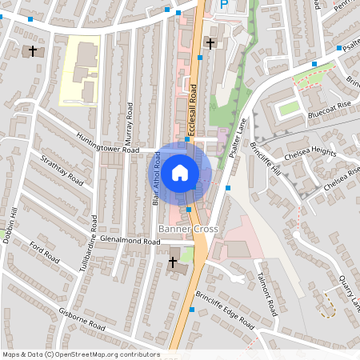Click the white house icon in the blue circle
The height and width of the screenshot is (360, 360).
180,172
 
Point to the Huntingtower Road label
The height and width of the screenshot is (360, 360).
108,150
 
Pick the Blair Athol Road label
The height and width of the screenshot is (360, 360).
157,180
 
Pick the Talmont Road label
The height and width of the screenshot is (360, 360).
266,296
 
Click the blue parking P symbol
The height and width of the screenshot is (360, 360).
224,5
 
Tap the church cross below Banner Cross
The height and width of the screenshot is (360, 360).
173,262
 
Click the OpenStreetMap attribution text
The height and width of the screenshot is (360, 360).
80,354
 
